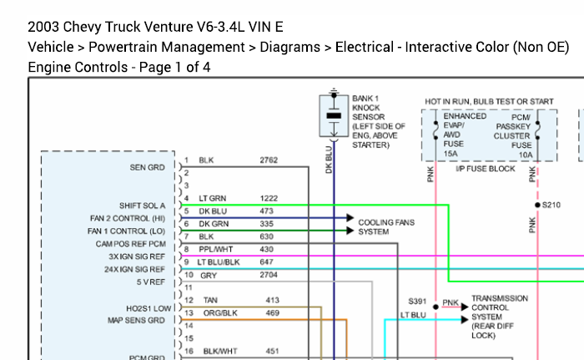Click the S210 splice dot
pyautogui.click(x=537, y=205)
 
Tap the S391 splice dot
pyautogui.click(x=435, y=307)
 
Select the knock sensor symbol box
pyautogui.click(x=334, y=115)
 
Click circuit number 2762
pyautogui.click(x=269, y=160)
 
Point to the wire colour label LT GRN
pyautogui.click(x=212, y=199)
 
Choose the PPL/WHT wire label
pyautogui.click(x=215, y=249)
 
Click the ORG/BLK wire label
pyautogui.click(x=220, y=313)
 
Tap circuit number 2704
pyautogui.click(x=269, y=275)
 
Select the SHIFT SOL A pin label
pyautogui.click(x=142, y=205)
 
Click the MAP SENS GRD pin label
pyautogui.click(x=136, y=321)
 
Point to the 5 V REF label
pyautogui.click(x=150, y=282)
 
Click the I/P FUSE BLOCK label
pyautogui.click(x=486, y=169)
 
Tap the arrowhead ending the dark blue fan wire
pyautogui.click(x=350, y=217)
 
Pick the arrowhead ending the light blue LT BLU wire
pyautogui.click(x=465, y=320)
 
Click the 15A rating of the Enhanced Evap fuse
pyautogui.click(x=451, y=154)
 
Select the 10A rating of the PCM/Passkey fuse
pyautogui.click(x=526, y=155)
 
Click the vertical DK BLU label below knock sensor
pyautogui.click(x=329, y=160)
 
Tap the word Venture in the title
pyautogui.click(x=168, y=27)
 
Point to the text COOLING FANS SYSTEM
pyautogui.click(x=386, y=227)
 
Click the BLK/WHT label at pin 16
pyautogui.click(x=220, y=351)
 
